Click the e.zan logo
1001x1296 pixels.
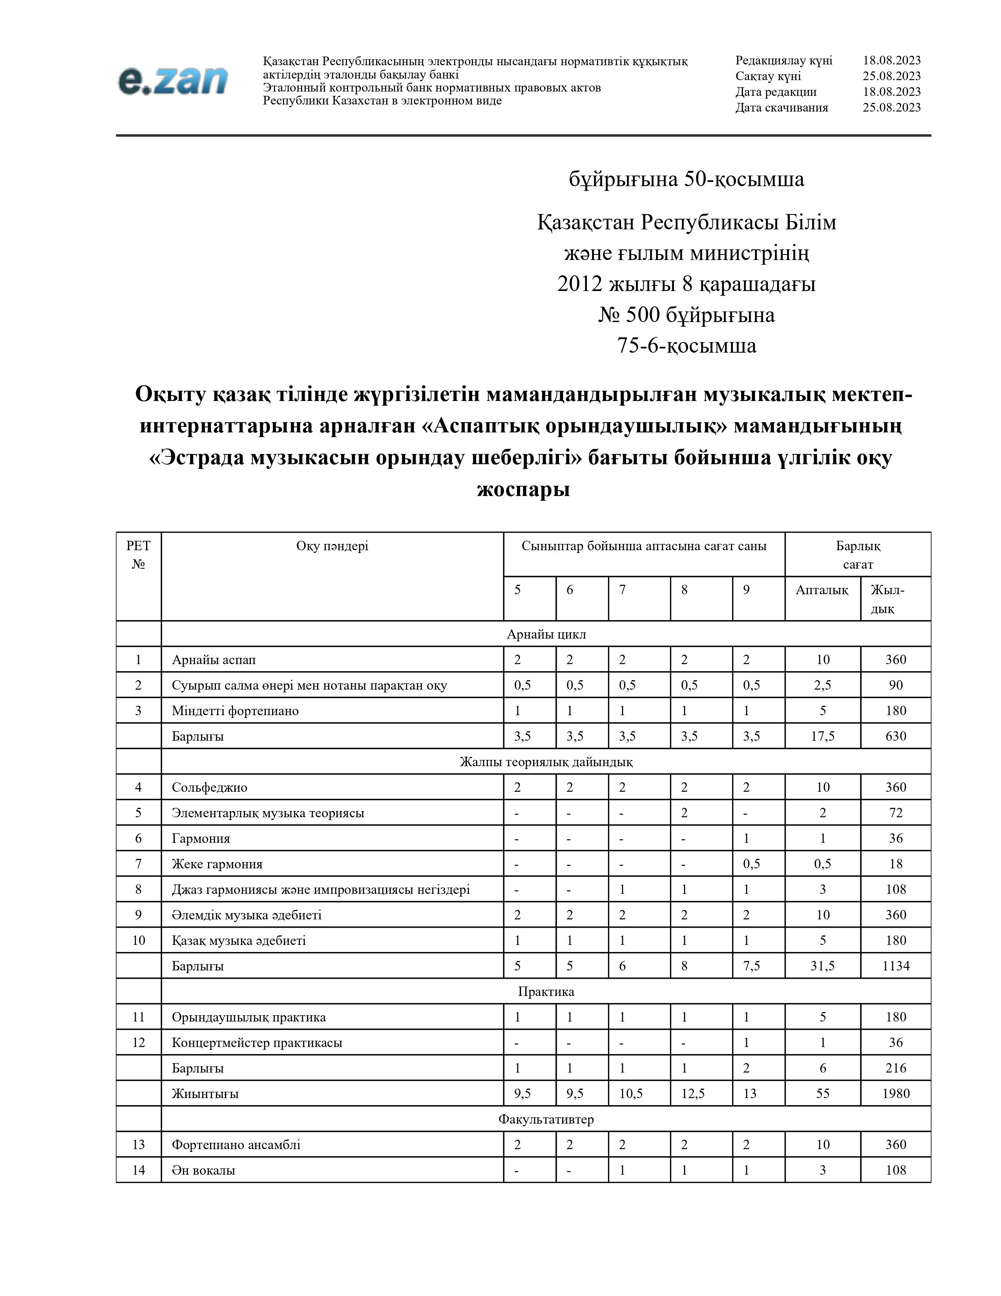tap(173, 81)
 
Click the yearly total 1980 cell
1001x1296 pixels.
tap(895, 1093)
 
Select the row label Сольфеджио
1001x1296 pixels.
tap(209, 787)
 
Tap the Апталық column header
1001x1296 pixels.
tap(822, 590)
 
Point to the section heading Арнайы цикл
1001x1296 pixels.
tap(546, 634)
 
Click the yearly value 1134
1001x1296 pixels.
tap(895, 965)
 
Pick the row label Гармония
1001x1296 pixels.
tap(201, 838)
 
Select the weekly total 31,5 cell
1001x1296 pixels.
tap(822, 965)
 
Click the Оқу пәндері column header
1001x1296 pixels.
tap(332, 546)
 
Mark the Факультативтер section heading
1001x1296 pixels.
tap(546, 1119)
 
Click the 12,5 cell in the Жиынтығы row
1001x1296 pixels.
tap(692, 1093)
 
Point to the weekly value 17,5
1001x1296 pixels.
tap(822, 736)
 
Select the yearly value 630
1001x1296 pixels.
tap(895, 736)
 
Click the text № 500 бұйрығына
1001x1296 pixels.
tap(686, 315)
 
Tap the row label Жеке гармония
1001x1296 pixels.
tap(217, 864)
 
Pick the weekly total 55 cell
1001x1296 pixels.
tap(822, 1093)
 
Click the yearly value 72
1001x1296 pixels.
tap(895, 813)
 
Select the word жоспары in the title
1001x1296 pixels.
tap(523, 489)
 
